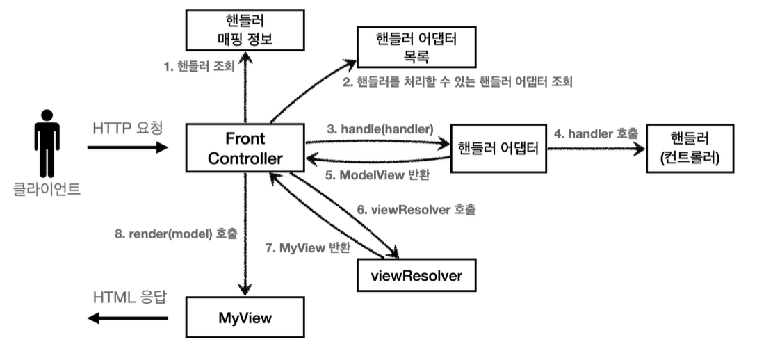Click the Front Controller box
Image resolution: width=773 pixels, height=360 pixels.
[245, 148]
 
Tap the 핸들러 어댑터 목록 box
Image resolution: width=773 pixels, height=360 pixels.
[416, 46]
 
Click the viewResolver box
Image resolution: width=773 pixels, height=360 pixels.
[416, 275]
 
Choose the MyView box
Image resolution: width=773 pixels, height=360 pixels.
[245, 318]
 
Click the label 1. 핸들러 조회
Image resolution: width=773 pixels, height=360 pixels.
[199, 67]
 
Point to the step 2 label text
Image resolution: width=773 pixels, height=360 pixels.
[458, 83]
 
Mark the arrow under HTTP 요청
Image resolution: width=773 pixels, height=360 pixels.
[128, 147]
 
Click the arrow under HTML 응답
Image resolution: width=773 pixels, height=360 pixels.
[128, 318]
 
